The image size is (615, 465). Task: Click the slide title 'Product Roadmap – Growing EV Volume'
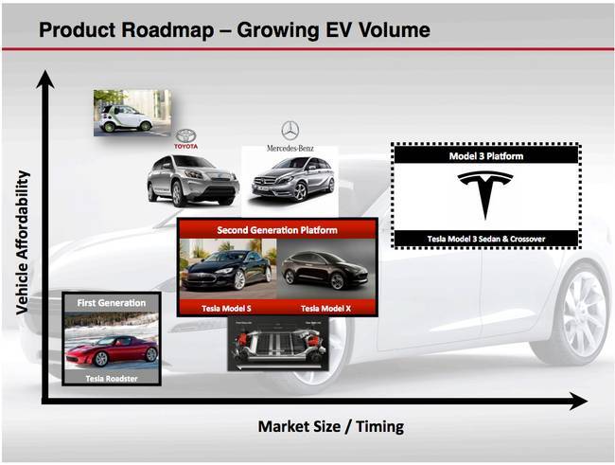click(234, 29)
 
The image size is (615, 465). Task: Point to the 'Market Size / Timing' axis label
click(330, 426)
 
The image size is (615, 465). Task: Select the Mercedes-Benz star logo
click(290, 131)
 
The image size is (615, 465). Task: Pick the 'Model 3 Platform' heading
click(485, 155)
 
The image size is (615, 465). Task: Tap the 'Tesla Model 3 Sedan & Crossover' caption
click(485, 237)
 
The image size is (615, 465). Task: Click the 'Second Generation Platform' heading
click(277, 229)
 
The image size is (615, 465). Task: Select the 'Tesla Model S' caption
click(227, 308)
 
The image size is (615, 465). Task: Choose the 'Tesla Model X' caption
click(326, 308)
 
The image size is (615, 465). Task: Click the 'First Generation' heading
click(112, 303)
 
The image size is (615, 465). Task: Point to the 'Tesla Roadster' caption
click(112, 377)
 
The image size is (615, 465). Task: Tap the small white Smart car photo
click(132, 113)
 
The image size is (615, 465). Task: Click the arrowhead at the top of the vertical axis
click(44, 79)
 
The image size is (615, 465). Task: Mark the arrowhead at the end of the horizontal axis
click(579, 402)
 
